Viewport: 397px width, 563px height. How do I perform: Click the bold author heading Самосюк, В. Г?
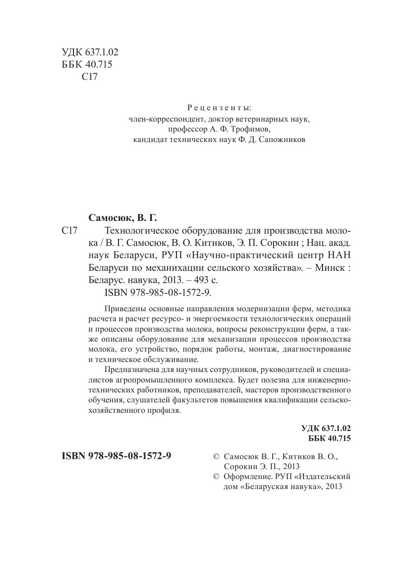pos(125,217)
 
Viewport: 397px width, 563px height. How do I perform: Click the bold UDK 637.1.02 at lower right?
pos(326,428)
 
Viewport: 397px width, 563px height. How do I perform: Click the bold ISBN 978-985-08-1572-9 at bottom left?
pos(116,456)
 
